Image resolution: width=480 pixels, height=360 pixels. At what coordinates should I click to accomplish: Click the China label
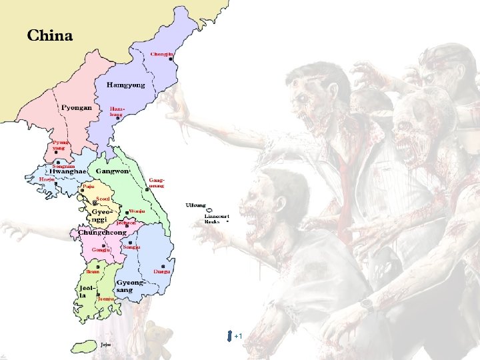tap(50, 35)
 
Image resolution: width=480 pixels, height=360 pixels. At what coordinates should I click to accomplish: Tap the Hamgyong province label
tap(125, 85)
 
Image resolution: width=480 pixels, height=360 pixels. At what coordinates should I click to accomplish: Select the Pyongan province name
tap(77, 107)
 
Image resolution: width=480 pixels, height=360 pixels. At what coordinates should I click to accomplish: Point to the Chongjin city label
tap(162, 53)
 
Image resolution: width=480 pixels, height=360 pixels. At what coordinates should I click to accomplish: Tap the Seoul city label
tap(103, 198)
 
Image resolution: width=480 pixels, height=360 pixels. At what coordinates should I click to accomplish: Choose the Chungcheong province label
tap(103, 233)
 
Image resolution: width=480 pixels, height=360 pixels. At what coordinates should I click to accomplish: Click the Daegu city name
tap(162, 271)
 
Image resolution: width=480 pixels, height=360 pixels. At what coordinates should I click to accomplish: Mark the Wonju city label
tap(137, 211)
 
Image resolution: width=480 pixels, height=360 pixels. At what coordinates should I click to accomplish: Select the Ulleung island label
tap(196, 205)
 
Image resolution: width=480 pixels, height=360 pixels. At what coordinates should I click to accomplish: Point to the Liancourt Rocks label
tap(217, 219)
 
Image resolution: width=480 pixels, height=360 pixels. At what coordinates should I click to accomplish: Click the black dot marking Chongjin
tap(171, 59)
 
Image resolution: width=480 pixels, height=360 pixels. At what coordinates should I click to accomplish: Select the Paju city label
tap(88, 187)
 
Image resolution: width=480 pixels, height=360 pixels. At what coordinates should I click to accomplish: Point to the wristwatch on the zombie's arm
tap(367, 304)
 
